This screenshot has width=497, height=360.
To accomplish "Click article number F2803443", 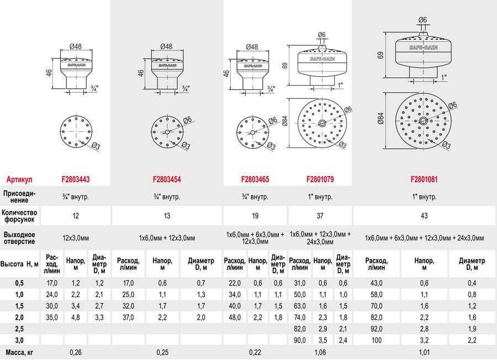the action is tap(76, 179).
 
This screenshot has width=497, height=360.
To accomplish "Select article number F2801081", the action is tap(424, 179).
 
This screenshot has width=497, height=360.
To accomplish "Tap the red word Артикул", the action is tap(19, 179).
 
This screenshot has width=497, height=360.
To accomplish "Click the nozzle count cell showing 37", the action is tap(320, 216).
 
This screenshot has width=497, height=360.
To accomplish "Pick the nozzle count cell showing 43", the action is tap(424, 216).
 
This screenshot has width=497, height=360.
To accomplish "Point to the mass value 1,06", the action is tap(320, 352).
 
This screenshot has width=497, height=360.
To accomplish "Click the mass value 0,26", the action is tap(76, 352).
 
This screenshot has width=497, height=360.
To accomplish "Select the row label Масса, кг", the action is tap(19, 352).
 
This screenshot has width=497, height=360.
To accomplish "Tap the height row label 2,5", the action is tap(19, 329).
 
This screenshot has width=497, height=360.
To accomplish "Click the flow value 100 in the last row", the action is tap(376, 340).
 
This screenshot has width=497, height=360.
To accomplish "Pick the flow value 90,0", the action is tap(299, 340).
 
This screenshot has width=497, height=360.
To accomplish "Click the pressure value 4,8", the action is tap(76, 317).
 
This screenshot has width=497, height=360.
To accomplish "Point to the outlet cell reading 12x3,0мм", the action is tap(76, 238).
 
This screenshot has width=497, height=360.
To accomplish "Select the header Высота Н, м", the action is tap(19, 264).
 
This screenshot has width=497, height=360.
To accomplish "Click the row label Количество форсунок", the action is tap(19, 216).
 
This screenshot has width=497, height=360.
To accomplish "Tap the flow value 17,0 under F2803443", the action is tap(52, 283).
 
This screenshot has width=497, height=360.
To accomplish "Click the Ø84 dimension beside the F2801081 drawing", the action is tap(380, 119).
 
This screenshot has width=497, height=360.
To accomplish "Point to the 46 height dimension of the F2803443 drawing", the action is tap(48, 75).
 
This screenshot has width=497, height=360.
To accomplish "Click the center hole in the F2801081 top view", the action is tap(423, 120).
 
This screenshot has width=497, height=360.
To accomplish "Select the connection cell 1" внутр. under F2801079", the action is tap(320, 197).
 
